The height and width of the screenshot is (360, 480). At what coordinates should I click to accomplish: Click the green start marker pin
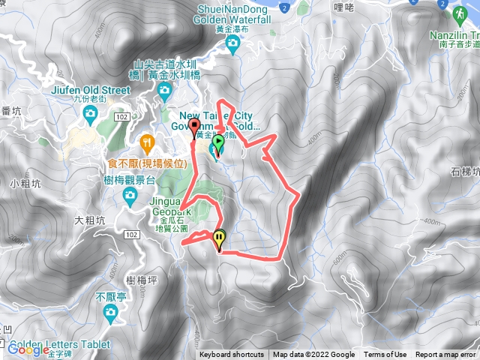point(218,144)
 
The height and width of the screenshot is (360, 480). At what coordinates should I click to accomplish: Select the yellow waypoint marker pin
point(219,239)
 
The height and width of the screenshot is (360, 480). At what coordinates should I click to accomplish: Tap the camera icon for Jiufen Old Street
point(91,113)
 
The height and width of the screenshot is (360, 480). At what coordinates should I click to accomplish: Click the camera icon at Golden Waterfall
point(232,45)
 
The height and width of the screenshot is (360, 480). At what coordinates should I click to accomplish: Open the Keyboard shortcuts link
point(232,355)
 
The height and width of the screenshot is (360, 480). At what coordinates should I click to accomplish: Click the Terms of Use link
point(385,355)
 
